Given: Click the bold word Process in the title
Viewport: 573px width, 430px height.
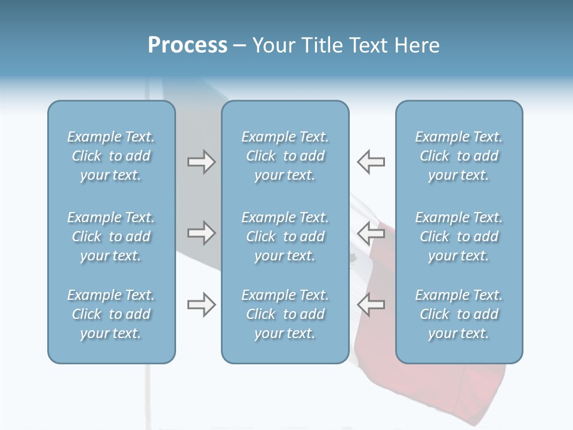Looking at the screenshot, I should coord(187,45).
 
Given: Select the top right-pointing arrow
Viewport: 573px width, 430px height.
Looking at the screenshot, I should coord(201,162).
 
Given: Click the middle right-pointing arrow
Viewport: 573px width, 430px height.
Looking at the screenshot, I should coord(201,233).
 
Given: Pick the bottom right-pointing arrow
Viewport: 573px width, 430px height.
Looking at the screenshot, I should coord(201,305).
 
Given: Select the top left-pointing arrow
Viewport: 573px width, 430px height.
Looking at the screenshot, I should coord(371,162).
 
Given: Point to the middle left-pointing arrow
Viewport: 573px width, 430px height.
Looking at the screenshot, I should coord(371,233).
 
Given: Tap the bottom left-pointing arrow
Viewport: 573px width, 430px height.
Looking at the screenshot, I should coord(371,305).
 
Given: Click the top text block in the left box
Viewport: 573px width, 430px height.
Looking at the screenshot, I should coord(111,156).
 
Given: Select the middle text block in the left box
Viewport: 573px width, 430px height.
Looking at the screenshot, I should coord(111,236).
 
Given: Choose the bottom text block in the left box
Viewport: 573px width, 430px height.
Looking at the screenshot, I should coord(111,314).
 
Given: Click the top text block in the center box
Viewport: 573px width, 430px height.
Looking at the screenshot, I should coord(285,156).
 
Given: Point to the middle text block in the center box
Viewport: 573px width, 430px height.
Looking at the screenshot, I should coord(285,236).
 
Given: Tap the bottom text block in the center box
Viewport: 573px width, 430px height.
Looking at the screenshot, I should coord(285,314).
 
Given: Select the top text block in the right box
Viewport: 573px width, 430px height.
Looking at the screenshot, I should coord(459,156).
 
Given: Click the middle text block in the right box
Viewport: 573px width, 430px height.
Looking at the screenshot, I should coord(459,236).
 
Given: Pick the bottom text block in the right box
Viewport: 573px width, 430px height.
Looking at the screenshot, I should coord(459,314).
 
